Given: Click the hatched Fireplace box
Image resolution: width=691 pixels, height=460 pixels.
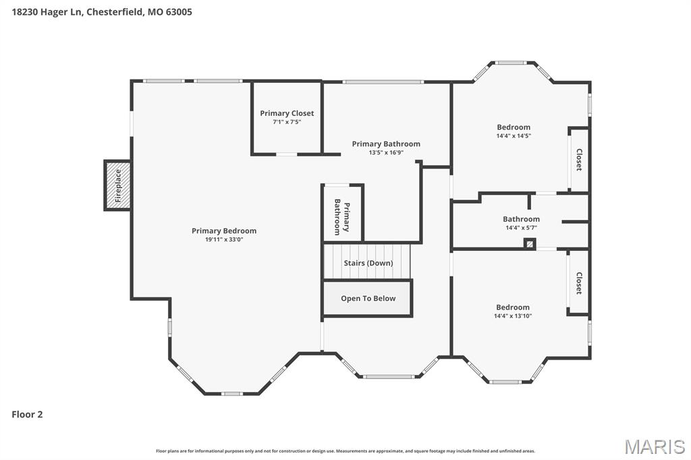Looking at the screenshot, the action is (117, 185).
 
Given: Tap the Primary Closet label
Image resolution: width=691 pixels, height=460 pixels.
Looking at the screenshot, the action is (287, 113).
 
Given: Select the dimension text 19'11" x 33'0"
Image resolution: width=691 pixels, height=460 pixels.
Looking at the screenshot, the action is (224, 239).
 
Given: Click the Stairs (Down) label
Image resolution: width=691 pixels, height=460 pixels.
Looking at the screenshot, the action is (368, 263).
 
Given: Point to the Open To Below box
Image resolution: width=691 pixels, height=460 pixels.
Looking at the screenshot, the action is (368, 298).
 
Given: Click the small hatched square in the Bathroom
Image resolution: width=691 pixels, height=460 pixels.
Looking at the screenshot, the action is (530, 243).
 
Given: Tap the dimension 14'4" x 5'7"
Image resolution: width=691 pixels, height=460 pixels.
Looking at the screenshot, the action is (521, 228).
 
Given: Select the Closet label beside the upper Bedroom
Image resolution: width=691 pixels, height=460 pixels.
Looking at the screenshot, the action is (579, 159).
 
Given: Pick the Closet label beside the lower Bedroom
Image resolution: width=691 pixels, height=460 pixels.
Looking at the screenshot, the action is (579, 283).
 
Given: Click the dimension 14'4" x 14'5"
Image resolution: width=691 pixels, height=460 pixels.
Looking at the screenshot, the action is (514, 136).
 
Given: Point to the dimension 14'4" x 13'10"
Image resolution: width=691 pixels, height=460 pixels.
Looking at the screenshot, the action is (513, 316).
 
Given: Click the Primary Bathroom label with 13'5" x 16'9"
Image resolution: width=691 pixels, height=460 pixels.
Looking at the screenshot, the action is (386, 144).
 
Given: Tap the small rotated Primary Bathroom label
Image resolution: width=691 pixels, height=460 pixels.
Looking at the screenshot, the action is (342, 217).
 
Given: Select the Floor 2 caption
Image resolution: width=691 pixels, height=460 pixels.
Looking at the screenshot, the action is (27, 414).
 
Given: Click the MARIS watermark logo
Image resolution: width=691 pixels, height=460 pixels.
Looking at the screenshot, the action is (655, 447).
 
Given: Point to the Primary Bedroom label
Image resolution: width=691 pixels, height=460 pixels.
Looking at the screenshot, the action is (224, 231).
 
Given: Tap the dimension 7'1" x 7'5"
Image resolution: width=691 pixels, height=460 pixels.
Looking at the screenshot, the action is (287, 122).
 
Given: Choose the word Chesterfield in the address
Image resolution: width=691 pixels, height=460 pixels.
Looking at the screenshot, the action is (115, 12).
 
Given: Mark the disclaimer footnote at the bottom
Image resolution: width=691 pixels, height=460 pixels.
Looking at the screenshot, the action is (345, 451).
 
